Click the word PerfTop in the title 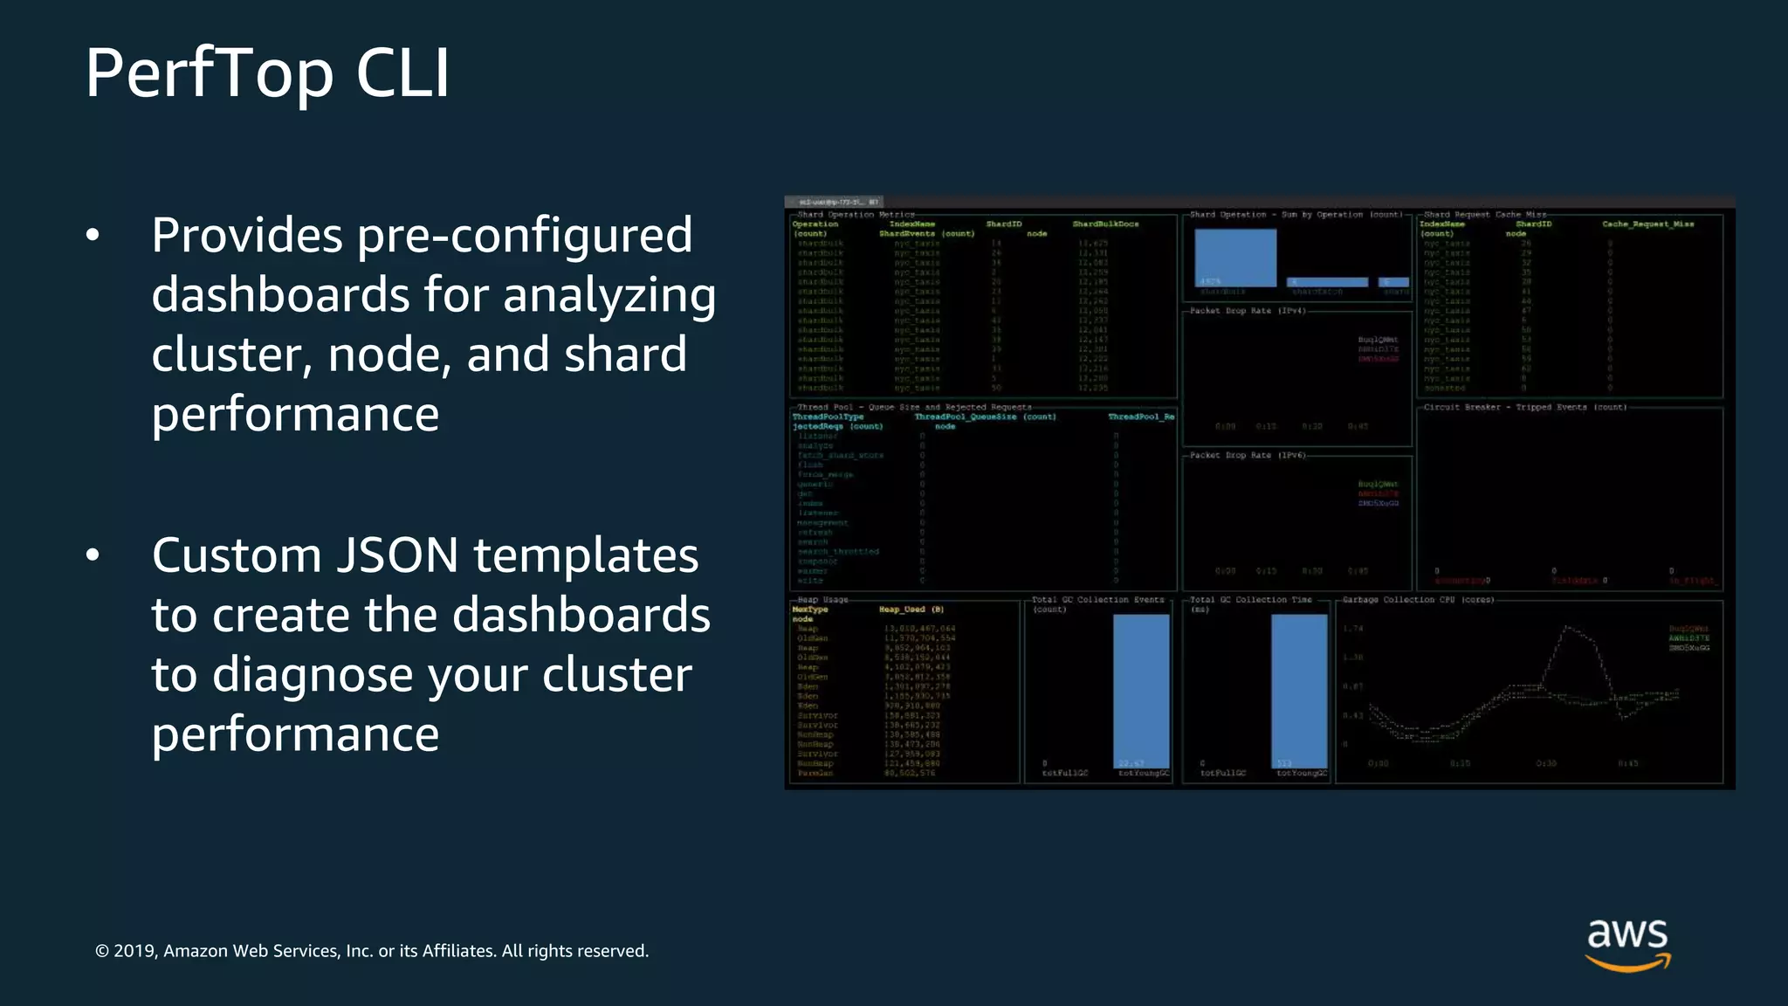(210, 73)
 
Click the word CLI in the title (402, 73)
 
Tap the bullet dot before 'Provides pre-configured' (93, 235)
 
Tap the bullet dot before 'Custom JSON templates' (93, 555)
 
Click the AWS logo (1627, 944)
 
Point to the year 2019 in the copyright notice (134, 951)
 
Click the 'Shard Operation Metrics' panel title (856, 214)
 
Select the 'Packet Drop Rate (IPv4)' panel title (1248, 311)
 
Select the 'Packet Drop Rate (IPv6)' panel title (1248, 455)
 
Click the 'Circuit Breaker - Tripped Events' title (1524, 407)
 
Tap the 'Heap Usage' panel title (822, 600)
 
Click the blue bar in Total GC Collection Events (1141, 690)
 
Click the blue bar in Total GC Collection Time (1299, 690)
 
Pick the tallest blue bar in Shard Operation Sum (1235, 258)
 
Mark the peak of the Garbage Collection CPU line (1567, 627)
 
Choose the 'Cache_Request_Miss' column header (1647, 224)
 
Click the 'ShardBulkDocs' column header (1105, 224)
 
